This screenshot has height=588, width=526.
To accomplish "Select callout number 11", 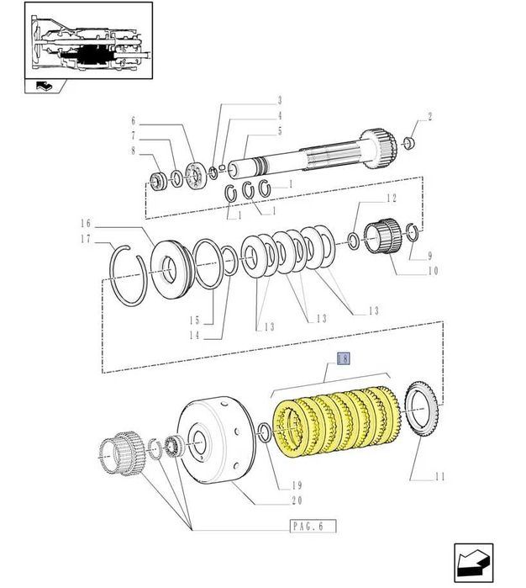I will pyautogui.click(x=439, y=477).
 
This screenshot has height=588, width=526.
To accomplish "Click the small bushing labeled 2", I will pyautogui.click(x=409, y=143).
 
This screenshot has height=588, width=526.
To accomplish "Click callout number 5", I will pyautogui.click(x=279, y=130).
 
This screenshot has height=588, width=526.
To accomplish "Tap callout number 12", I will pyautogui.click(x=391, y=199).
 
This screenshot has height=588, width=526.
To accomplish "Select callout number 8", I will pyautogui.click(x=132, y=151).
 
